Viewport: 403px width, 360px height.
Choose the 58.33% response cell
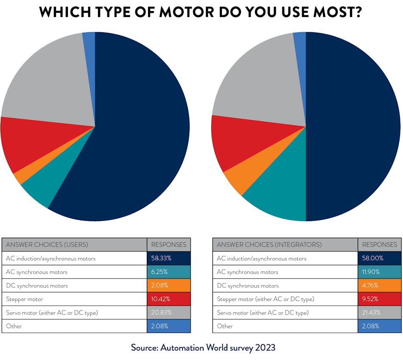coord(169,258)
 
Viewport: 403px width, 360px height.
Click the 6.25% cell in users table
coord(169,272)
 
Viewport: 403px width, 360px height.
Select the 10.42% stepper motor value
coord(169,299)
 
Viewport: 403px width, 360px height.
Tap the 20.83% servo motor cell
coord(169,312)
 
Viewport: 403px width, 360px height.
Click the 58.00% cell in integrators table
coord(379,258)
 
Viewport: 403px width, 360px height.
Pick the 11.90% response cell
coord(379,272)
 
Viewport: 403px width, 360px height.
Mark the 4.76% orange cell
coord(379,285)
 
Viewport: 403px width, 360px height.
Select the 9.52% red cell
coord(379,299)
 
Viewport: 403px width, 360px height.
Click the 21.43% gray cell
coord(379,312)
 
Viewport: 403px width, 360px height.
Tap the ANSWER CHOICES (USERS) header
coord(47,245)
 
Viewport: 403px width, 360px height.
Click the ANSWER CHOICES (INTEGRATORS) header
coord(269,245)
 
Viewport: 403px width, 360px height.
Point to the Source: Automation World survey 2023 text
coord(203,347)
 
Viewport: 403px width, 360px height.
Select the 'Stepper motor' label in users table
coord(24,299)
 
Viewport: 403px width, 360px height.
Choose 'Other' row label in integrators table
coord(225,326)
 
